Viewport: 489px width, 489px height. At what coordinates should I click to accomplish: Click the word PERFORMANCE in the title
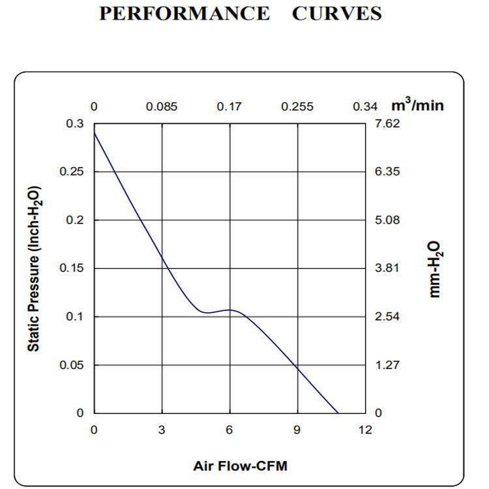(184, 14)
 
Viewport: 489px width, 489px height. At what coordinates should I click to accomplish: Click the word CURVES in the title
(336, 14)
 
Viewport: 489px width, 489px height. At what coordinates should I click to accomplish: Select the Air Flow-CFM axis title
(240, 466)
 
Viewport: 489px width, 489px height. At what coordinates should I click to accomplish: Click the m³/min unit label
(417, 105)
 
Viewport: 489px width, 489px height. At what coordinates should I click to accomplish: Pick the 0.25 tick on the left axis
(72, 171)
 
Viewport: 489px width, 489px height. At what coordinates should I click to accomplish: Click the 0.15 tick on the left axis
(72, 268)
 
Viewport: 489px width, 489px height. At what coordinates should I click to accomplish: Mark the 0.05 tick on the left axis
(72, 364)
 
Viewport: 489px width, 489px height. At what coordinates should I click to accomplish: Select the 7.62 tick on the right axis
(387, 124)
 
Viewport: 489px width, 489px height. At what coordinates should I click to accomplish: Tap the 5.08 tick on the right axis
(387, 220)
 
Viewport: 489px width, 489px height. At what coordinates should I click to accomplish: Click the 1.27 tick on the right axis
(387, 364)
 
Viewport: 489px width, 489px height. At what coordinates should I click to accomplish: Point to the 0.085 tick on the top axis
(162, 107)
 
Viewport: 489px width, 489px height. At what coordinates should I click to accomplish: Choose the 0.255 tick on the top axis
(297, 107)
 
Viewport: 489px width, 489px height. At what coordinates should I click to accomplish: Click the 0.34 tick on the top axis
(365, 107)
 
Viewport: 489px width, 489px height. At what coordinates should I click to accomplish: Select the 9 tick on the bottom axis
(297, 430)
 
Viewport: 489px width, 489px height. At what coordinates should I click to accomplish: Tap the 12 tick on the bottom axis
(365, 430)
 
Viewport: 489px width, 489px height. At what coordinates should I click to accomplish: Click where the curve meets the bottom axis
(338, 413)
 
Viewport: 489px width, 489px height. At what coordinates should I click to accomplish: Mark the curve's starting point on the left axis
(94, 132)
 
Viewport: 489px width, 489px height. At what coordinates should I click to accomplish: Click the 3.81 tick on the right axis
(387, 268)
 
